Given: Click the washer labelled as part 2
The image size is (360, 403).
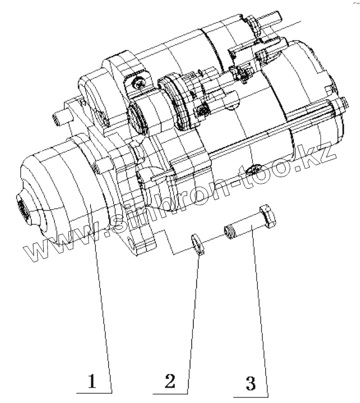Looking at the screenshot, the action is pos(198,244).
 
